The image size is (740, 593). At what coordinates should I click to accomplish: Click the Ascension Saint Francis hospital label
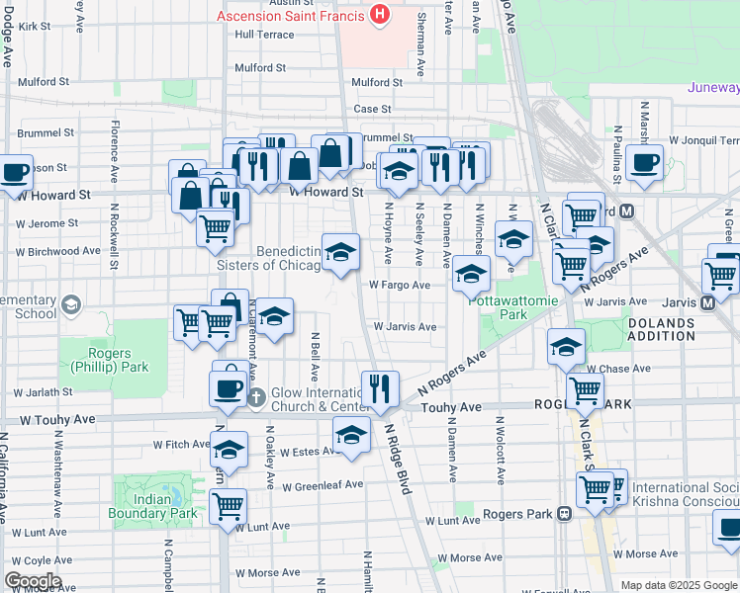click(289, 16)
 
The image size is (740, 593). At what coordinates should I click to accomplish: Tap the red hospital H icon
click(378, 15)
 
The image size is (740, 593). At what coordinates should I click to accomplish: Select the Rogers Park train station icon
click(564, 514)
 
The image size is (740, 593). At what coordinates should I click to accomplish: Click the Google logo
click(33, 581)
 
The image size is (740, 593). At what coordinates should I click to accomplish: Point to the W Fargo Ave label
click(400, 285)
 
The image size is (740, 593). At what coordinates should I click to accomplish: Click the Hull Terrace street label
click(264, 34)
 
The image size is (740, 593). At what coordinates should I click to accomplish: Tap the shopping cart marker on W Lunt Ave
click(229, 505)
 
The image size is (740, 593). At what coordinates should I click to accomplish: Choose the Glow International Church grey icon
click(256, 397)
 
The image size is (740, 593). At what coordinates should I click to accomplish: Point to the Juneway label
click(712, 87)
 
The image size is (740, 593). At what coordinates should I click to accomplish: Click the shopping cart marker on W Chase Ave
click(585, 389)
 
